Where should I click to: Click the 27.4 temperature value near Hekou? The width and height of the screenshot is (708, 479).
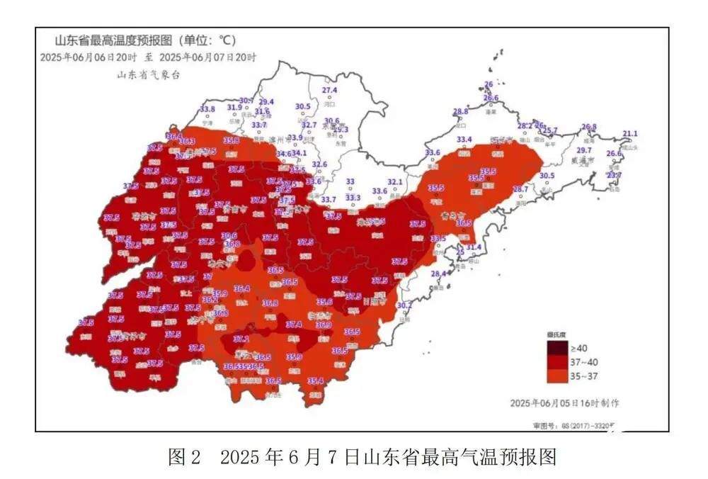[330, 91]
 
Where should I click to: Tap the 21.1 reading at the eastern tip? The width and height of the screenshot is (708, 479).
[629, 134]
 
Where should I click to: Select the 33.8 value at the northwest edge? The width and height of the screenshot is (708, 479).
[207, 109]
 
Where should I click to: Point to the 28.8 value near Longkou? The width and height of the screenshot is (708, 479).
[461, 112]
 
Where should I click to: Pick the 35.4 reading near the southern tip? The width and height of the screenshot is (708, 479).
[316, 381]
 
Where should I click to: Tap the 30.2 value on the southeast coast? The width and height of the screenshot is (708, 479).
[404, 305]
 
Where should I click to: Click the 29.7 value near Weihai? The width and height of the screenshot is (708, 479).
[584, 151]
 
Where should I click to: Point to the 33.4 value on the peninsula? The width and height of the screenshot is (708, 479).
[464, 140]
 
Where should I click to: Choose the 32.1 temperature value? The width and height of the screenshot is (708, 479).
[395, 182]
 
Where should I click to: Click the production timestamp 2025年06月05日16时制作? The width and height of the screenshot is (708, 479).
[565, 402]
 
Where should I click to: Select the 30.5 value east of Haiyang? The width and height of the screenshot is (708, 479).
[547, 176]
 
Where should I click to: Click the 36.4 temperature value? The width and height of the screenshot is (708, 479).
[242, 288]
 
